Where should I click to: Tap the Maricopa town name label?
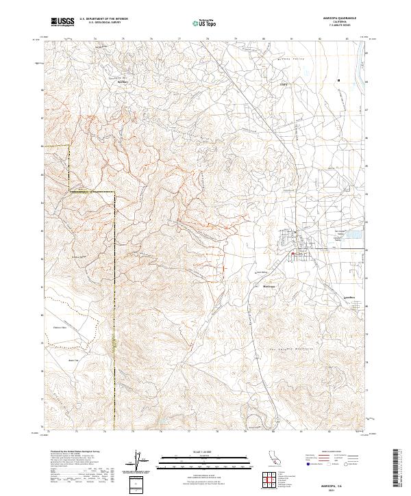(269, 286)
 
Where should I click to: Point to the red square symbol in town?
(293, 256)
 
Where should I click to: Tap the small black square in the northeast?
(338, 81)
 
